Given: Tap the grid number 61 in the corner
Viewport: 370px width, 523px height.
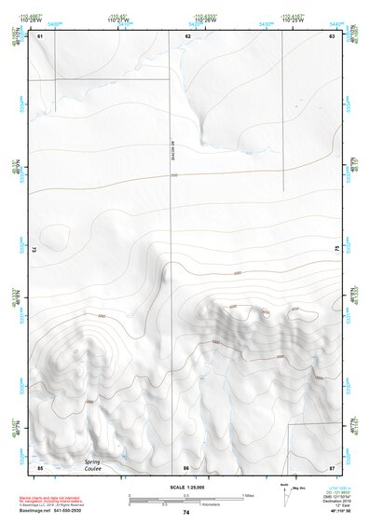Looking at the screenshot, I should (39, 36).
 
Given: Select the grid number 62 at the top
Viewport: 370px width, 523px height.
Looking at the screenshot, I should (187, 36).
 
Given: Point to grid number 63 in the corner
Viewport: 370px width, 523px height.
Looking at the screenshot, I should (332, 36).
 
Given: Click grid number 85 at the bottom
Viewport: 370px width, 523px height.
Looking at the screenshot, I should (39, 467).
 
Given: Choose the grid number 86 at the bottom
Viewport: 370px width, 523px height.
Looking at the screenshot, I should (186, 467).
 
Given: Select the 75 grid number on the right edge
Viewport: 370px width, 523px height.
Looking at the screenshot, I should (336, 249).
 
